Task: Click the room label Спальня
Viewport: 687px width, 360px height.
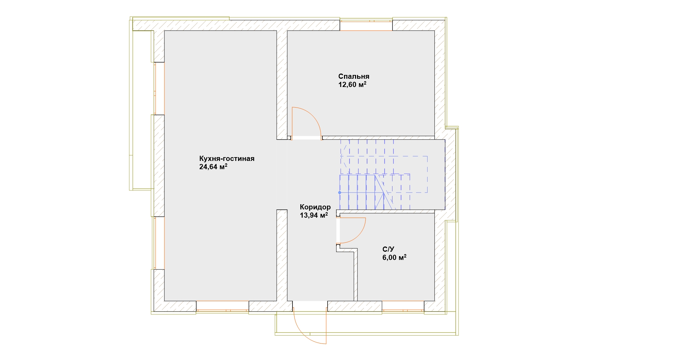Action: (354, 76)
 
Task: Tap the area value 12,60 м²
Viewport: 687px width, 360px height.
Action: (352, 85)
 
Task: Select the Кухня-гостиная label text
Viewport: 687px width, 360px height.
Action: (227, 159)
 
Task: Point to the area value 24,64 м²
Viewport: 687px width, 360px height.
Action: (213, 167)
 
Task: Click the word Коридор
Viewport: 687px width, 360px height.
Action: (315, 207)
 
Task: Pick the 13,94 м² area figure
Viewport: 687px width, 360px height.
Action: (314, 215)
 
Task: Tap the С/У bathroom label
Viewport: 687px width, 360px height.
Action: (388, 249)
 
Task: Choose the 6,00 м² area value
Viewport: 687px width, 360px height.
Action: (395, 258)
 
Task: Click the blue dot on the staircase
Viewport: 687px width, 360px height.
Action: (340, 193)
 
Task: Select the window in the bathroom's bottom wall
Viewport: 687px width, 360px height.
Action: (403, 307)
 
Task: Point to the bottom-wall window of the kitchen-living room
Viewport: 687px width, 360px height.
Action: (223, 307)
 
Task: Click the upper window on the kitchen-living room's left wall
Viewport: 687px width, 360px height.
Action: (159, 88)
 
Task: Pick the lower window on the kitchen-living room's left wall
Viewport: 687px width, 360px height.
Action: (159, 243)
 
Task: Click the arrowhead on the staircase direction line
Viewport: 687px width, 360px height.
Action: (343, 156)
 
